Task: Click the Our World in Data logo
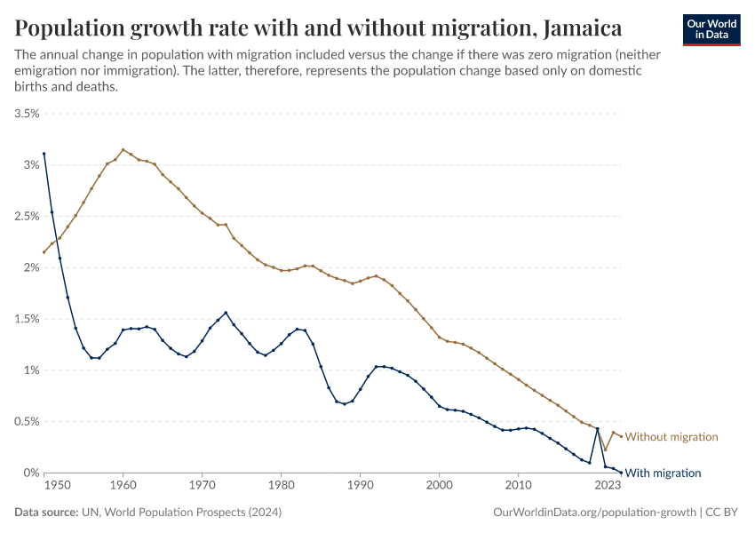711,28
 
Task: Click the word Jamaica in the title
578,28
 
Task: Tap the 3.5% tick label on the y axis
27,114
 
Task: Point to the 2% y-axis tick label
30,267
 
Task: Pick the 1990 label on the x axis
361,486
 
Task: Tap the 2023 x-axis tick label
608,486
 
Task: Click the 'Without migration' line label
671,436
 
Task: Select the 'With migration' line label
664,473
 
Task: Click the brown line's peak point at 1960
123,150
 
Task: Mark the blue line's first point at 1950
44,154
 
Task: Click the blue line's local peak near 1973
226,313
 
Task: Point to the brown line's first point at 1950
44,252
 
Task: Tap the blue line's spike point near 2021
598,428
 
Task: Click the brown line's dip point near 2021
605,449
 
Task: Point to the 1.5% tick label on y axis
27,319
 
